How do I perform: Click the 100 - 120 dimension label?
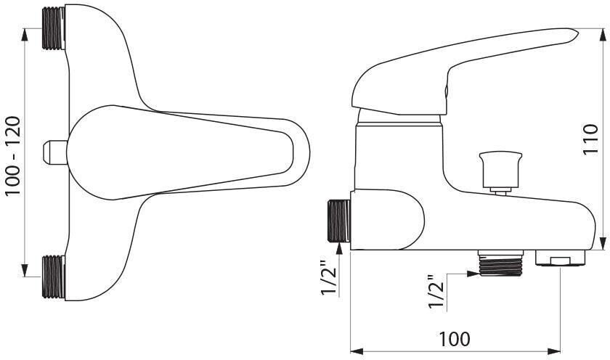click(12, 156)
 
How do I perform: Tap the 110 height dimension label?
click(590, 139)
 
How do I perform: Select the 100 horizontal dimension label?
click(455, 339)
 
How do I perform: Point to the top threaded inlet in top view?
click(53, 29)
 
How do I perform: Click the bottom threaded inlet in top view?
click(53, 277)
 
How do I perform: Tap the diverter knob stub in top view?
click(55, 152)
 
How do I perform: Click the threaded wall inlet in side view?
click(339, 221)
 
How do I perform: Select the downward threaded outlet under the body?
click(500, 263)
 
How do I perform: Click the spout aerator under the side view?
click(560, 258)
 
